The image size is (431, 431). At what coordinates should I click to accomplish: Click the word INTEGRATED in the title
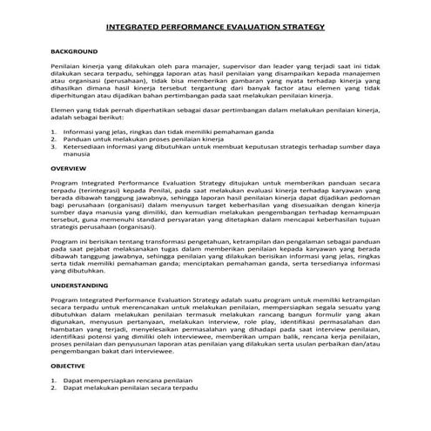132,28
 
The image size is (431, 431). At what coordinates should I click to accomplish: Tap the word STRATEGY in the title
301,28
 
